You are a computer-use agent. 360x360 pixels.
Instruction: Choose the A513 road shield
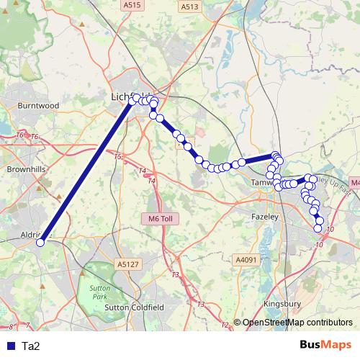pos(189,6)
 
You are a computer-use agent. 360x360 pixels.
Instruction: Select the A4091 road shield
pos(246,259)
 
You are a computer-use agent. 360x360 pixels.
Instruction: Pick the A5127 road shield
pos(126,264)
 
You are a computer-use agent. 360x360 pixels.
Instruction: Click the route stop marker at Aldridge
pos(40,243)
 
